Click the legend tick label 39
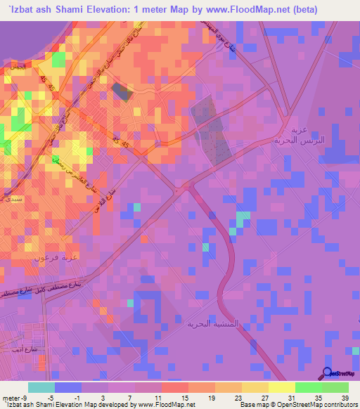[x=344, y=397]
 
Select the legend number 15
[x=184, y=397]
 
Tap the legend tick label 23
[x=237, y=397]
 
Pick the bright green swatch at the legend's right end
[x=335, y=387]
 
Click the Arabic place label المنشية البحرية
[x=214, y=325]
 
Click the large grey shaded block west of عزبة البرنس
[x=212, y=129]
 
